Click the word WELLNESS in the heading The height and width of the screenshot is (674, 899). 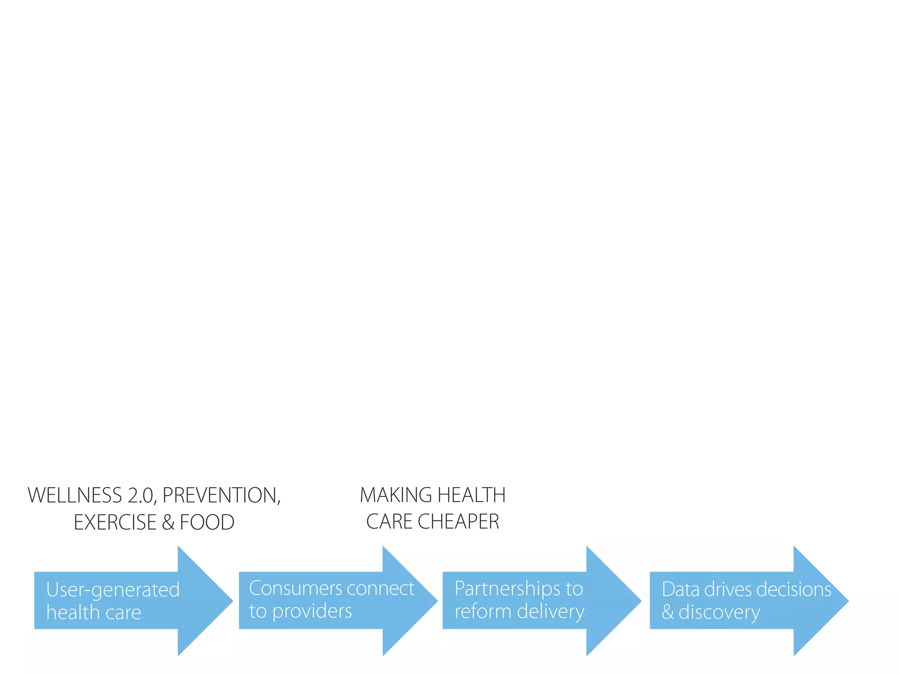pos(75,495)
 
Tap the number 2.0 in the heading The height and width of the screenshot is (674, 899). pos(141,495)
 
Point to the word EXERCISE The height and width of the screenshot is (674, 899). pos(115,522)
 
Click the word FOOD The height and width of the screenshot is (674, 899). pos(207,522)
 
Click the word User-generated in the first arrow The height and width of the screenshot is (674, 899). pos(113,590)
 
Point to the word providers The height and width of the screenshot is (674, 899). pos(312,611)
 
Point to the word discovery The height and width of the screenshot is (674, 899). pos(719,612)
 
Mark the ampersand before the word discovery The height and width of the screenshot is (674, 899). pos(668,612)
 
